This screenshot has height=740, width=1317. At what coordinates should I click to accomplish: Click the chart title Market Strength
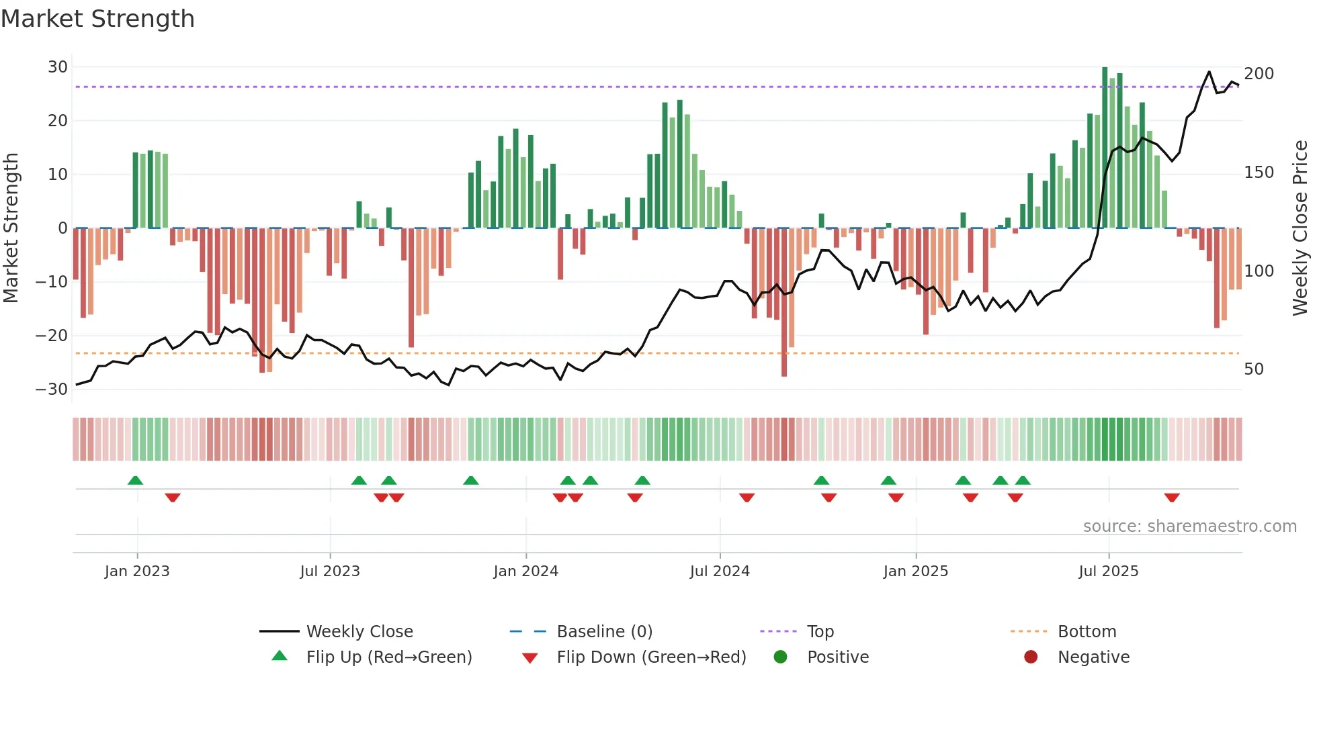coord(97,19)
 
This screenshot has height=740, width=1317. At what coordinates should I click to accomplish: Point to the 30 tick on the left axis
coord(58,67)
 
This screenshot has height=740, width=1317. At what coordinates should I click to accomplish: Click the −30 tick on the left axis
coord(52,389)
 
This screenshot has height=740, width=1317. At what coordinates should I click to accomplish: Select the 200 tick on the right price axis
coord(1259,74)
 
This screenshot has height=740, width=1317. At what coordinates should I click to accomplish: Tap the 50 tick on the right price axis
coord(1254,369)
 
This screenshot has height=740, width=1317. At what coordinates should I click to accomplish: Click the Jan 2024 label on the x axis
coord(525,571)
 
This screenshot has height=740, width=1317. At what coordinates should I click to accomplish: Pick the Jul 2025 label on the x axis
coord(1108,571)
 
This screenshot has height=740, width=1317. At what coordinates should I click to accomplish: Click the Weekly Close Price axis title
coord(1300,228)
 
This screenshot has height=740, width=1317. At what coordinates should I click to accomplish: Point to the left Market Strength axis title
coord(11,228)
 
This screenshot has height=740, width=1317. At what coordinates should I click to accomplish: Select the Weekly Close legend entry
coord(359,632)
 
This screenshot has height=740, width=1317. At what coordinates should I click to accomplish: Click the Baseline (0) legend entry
coord(604,632)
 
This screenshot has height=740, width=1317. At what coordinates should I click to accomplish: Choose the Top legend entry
coord(820,632)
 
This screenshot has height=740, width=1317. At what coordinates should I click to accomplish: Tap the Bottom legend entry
coord(1087,632)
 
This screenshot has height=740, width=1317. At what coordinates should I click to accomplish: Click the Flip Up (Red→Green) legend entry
coord(388,657)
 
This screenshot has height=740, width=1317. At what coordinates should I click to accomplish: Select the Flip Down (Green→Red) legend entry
coord(650,657)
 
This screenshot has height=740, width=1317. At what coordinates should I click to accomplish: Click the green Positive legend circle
coord(780,657)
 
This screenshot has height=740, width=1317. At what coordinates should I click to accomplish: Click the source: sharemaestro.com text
coord(1189,526)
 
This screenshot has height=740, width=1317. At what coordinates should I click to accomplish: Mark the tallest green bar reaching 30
coord(1105,148)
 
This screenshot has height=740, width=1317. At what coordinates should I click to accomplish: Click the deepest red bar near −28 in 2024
coord(784,302)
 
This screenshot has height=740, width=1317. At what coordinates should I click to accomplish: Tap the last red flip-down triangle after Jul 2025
coord(1172,498)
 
